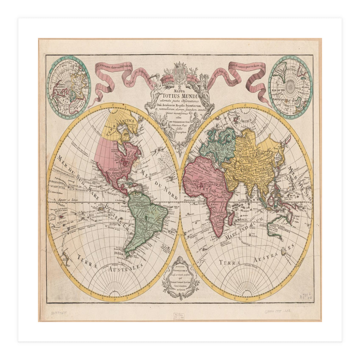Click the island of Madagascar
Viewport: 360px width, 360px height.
tap(231, 217)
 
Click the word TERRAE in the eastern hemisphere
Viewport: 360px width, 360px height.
tap(230, 263)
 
